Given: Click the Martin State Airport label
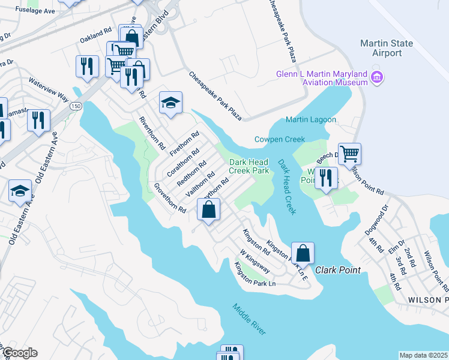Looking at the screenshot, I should (386, 48).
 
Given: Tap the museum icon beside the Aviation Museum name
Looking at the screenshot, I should (377, 77).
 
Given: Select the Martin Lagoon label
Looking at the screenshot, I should (310, 120).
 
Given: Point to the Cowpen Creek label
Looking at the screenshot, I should (280, 139).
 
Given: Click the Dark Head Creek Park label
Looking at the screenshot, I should (249, 166).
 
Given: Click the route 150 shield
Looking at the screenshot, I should (76, 106).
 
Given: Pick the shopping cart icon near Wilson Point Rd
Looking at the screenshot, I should (349, 154).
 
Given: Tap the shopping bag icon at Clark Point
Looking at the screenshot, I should (303, 253).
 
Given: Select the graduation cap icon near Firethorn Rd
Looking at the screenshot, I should (170, 103).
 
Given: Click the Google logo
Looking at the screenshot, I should (19, 353).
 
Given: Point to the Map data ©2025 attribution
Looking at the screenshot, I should (423, 355).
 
